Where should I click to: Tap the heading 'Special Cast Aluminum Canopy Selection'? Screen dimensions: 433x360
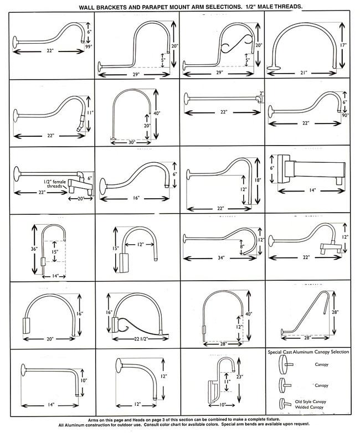click(x=308, y=352)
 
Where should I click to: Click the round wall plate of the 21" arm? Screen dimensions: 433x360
click(x=272, y=68)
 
